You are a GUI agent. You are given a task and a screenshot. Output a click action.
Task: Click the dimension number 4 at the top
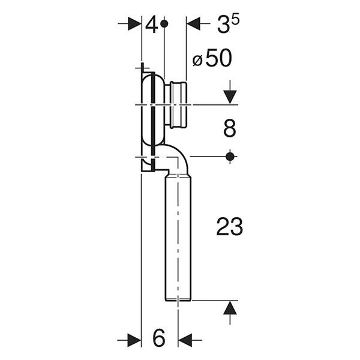point(152,25)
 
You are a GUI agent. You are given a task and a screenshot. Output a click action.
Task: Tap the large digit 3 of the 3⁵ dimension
point(224,25)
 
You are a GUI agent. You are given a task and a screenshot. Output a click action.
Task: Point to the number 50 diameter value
point(218,58)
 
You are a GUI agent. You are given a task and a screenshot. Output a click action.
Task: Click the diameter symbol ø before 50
point(197,61)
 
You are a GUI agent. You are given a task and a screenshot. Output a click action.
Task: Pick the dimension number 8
point(230,128)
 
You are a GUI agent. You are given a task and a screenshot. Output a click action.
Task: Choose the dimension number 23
point(229,227)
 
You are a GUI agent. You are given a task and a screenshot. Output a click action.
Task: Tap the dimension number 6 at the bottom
point(159,338)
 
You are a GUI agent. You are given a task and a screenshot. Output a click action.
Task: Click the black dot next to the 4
point(164,23)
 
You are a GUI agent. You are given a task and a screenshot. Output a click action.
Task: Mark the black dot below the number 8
point(230,157)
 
